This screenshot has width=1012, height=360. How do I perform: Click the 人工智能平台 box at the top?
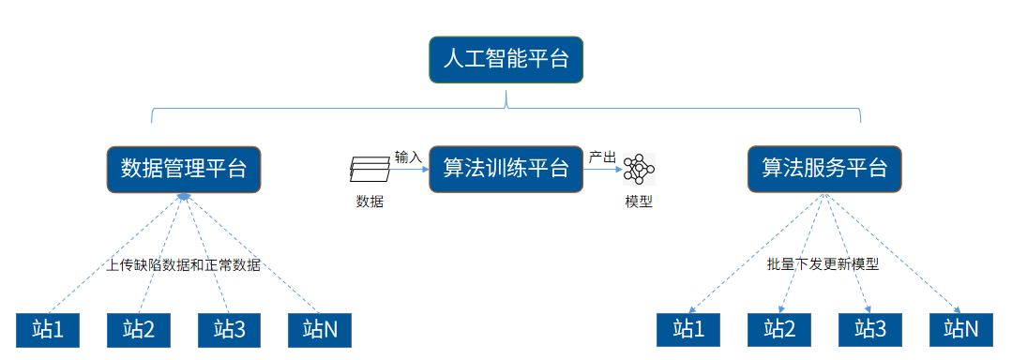coord(506,60)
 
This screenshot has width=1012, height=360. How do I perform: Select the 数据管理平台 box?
coord(184,169)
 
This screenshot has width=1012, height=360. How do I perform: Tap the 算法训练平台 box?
coord(506,169)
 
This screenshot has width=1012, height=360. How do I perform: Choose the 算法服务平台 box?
coord(824,169)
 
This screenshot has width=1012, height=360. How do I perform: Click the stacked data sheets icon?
coord(370,170)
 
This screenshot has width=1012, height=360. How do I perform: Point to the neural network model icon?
coord(640,170)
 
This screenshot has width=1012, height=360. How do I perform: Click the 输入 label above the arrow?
coord(408,157)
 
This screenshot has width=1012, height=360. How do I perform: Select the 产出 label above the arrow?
coord(601,157)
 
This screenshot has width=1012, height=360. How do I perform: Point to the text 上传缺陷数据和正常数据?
coord(183,265)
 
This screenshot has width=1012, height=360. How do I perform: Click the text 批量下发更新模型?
coord(823,265)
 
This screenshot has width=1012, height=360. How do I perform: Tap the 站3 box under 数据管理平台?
coord(230,329)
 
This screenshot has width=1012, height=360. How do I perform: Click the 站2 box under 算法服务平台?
coord(779,329)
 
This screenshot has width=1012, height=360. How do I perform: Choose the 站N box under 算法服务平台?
coord(961,329)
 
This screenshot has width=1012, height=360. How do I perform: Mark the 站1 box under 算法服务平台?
coord(688,329)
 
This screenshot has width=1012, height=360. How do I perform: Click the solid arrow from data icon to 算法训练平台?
coord(410,170)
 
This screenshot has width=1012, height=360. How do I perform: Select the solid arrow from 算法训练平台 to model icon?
coord(603,170)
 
